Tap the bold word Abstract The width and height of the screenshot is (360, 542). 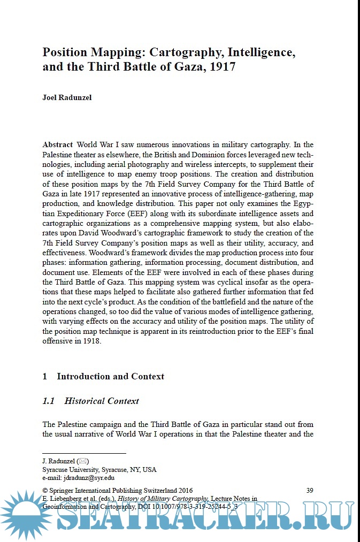click(57, 144)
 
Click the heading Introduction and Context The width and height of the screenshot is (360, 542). click(110, 376)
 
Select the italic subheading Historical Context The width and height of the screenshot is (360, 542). click(102, 401)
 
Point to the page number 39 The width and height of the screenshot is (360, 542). click(309, 490)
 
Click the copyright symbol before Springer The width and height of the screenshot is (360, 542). click(45, 490)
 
